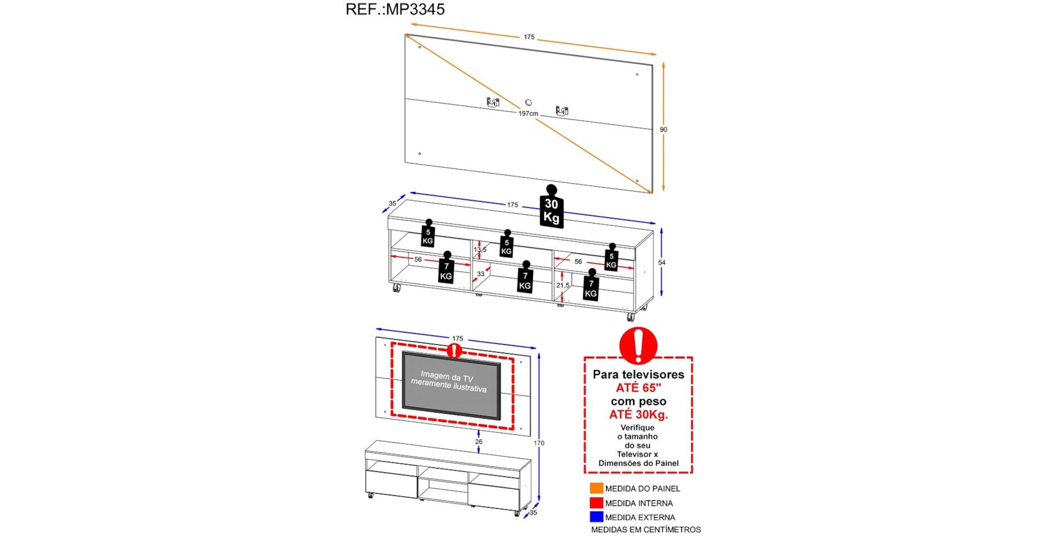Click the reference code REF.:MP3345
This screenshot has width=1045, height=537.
395,9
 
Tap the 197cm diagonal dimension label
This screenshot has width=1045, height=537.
528,113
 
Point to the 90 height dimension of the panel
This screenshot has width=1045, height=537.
663,130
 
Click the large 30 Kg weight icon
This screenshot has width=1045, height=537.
551,209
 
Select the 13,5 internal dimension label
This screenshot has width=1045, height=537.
480,250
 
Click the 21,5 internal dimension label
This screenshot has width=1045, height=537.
563,285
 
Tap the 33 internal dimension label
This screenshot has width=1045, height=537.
481,274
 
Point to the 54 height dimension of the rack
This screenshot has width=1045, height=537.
661,262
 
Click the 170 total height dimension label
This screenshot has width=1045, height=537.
539,443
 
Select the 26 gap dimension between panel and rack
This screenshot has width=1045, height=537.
479,441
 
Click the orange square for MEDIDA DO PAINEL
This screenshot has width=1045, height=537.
596,488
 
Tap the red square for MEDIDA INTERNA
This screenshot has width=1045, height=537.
596,503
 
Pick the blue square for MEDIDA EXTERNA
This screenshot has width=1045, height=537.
596,517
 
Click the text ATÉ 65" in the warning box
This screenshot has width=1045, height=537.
638,388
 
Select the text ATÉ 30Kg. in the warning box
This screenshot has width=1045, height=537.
638,415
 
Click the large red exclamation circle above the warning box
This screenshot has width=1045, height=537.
638,345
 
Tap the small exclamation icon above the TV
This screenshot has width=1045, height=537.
455,351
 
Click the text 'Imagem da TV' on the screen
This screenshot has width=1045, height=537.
447,376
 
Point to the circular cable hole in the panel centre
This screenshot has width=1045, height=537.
528,102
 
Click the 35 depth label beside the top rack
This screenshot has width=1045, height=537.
392,204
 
